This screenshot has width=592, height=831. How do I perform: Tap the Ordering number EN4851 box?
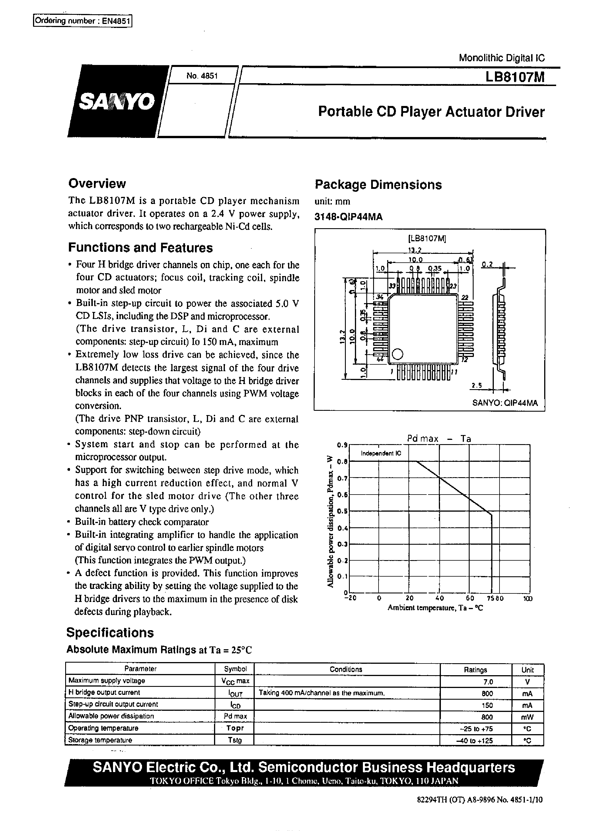[82, 21]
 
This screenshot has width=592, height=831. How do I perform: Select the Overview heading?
[97, 183]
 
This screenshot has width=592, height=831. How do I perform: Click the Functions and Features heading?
[140, 248]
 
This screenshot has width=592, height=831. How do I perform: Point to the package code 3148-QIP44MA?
[348, 217]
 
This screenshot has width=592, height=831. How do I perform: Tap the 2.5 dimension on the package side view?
[476, 385]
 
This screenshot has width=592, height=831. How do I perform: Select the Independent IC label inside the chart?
[381, 454]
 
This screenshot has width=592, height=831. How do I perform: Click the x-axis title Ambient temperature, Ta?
[435, 608]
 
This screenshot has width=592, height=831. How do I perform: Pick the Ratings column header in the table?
[475, 670]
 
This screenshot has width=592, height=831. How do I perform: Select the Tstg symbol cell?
[235, 740]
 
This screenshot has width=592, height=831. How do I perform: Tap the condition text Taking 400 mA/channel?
[322, 693]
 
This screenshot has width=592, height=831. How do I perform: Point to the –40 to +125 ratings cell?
[475, 740]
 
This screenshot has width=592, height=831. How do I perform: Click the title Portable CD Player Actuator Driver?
[431, 112]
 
